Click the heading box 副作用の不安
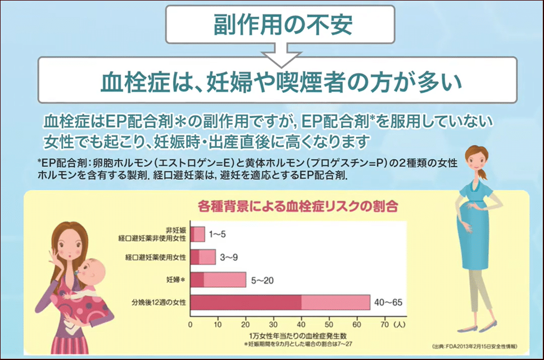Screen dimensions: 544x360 tap(280, 24)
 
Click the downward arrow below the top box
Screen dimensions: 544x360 tap(282, 55)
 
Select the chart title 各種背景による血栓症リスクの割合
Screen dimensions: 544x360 tap(298, 206)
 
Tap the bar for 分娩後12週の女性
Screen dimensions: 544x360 tap(280, 303)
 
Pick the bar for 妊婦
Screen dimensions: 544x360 tap(218, 280)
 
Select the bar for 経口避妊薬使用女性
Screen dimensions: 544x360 tap(203, 257)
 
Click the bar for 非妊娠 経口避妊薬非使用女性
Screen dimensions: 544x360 tap(197, 235)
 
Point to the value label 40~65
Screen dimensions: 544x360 tap(388, 303)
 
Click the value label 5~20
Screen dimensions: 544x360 tap(262, 280)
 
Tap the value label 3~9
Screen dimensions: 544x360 tap(229, 257)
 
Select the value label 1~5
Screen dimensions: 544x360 tap(217, 235)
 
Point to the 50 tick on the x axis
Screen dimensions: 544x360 tap(329, 325)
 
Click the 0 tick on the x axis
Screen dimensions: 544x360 tap(190, 325)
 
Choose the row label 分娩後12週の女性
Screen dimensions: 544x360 tap(158, 303)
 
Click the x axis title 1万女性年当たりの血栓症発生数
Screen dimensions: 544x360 tap(298, 336)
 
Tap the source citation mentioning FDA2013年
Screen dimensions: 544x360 tap(475, 346)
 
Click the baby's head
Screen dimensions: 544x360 tap(92, 270)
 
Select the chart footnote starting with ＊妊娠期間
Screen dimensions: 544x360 tap(298, 344)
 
